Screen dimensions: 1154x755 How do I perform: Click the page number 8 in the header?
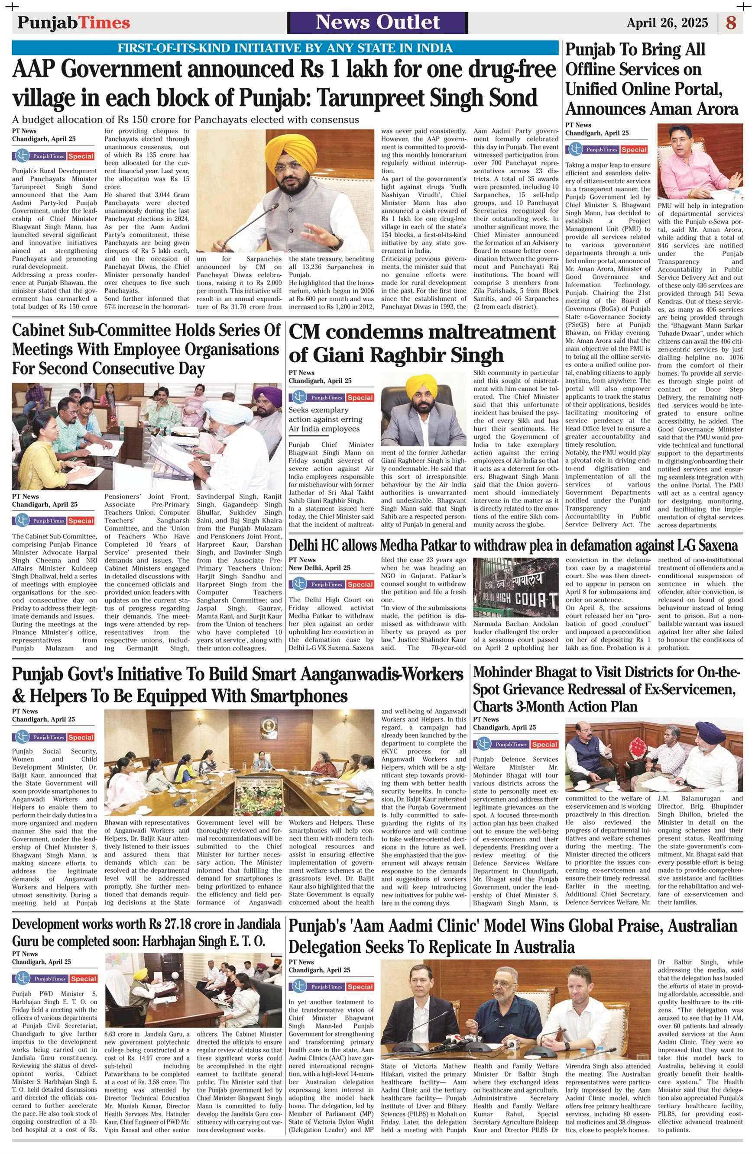tap(731, 23)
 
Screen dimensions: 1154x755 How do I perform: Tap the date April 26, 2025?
tap(670, 23)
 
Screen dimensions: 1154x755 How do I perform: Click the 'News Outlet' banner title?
tap(378, 23)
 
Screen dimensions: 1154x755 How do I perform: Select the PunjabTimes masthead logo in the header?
tap(74, 23)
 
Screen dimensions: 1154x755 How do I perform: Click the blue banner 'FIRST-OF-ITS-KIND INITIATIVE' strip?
tap(285, 48)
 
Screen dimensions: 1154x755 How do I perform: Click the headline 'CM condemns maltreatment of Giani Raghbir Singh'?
tap(422, 343)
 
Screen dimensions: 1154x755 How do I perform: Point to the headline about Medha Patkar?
tap(513, 545)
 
